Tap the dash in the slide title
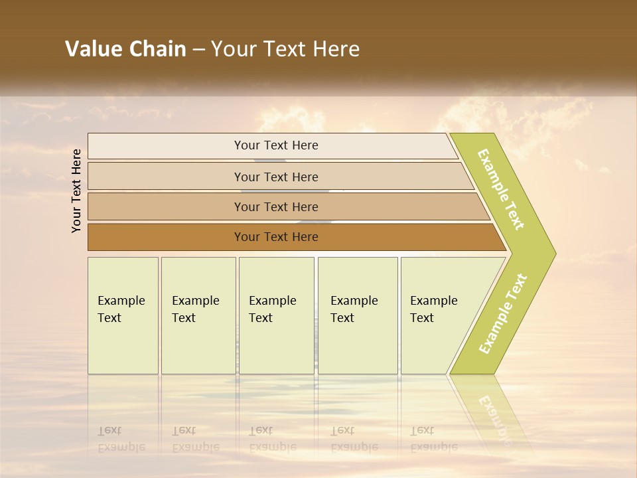198,50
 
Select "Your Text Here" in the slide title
285,49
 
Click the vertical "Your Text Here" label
76,191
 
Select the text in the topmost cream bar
276,145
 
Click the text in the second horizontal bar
276,177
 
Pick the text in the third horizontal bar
276,206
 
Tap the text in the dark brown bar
276,237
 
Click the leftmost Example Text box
123,315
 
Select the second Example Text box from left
198,315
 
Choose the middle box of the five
276,315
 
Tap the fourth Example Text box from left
358,315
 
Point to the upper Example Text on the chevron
501,189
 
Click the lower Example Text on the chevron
503,313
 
